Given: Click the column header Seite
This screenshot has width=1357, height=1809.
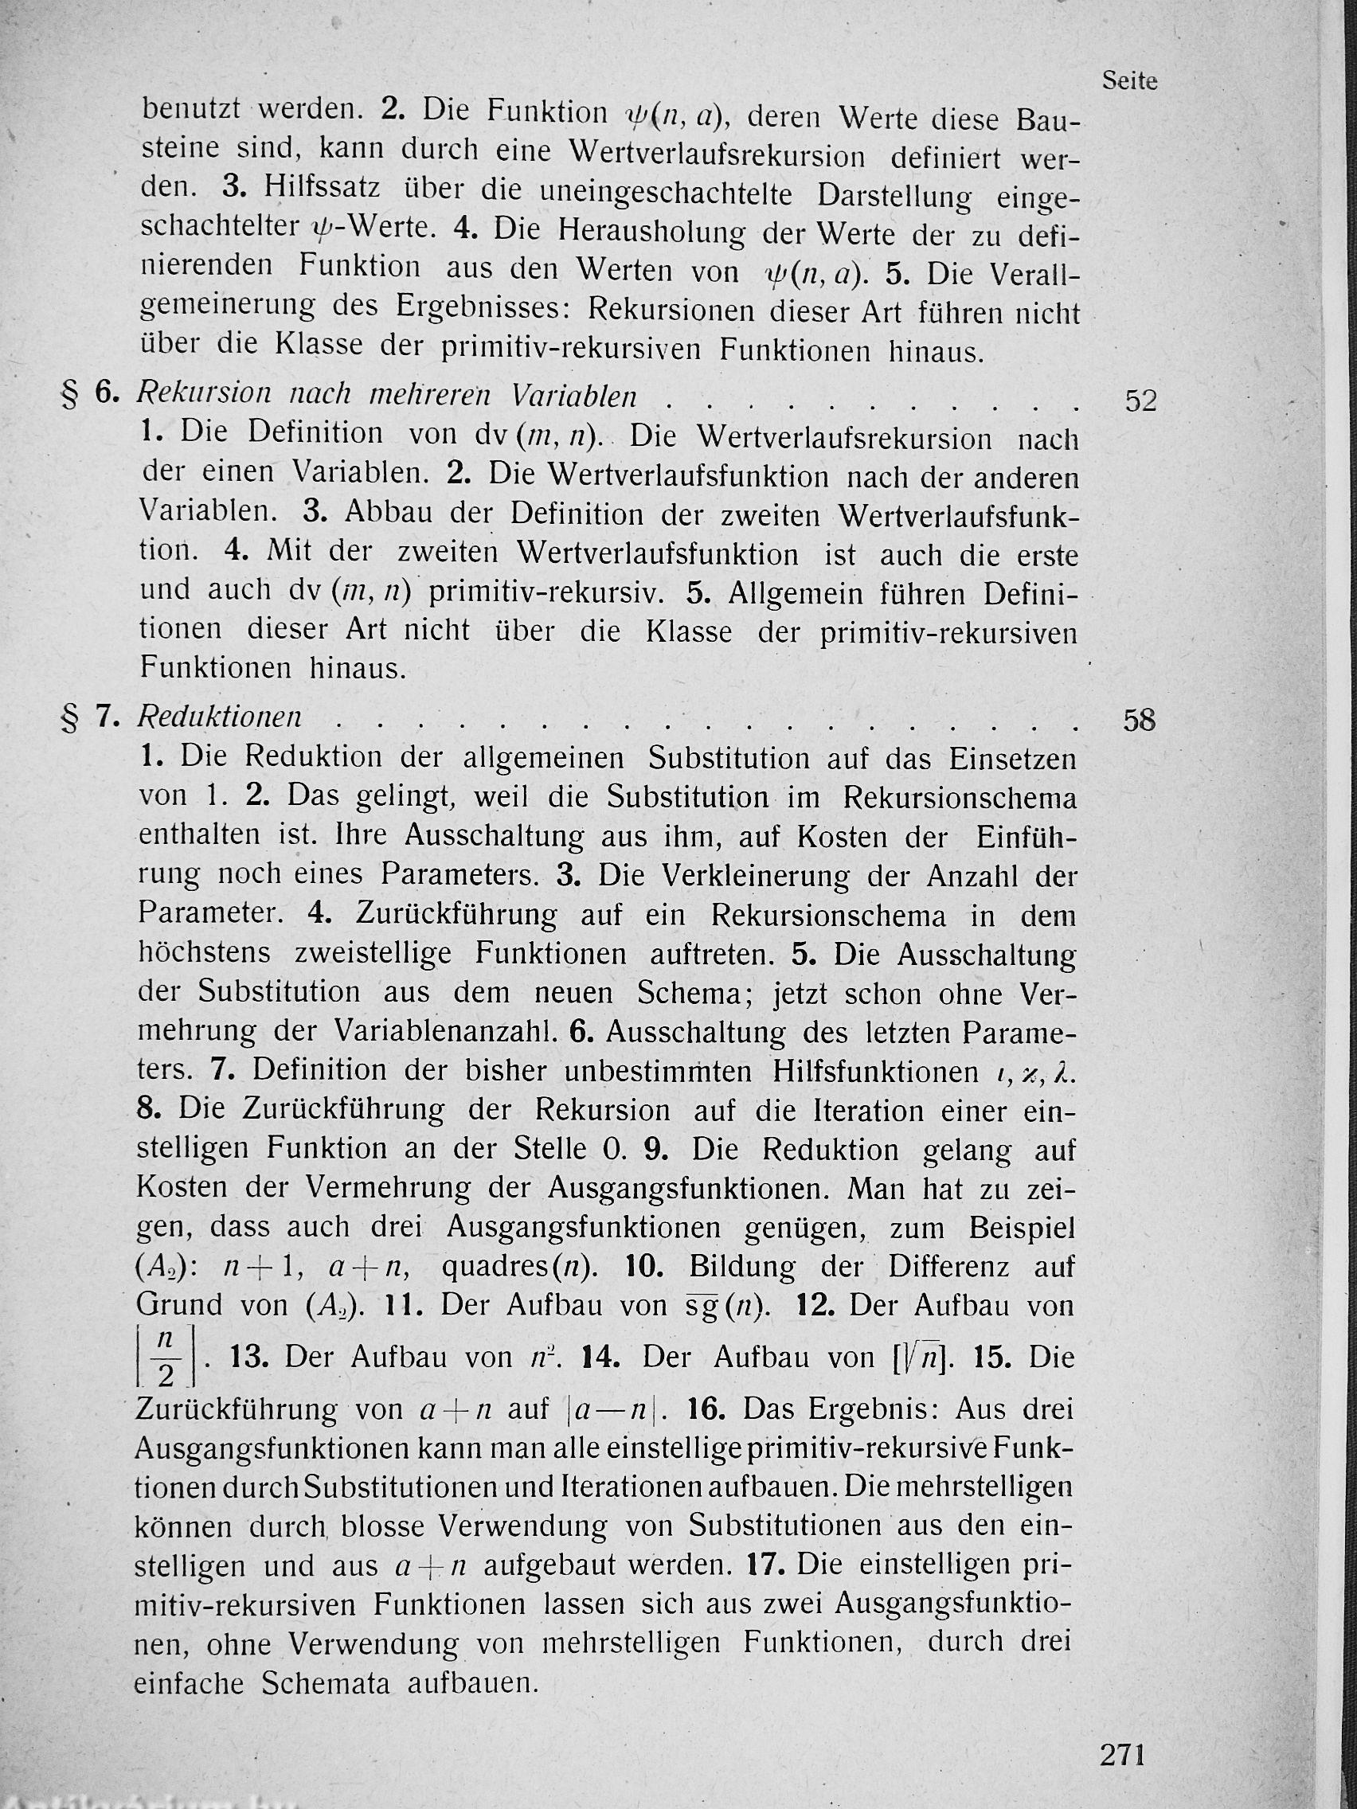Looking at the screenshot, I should pos(1128,81).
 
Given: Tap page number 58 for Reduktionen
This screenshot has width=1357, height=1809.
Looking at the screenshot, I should pos(1140,721).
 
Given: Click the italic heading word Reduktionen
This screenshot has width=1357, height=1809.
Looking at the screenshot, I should pos(219,717).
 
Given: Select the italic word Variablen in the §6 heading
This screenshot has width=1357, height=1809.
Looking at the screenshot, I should pos(573,396).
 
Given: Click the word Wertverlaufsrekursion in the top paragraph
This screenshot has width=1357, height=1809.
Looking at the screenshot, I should pos(717,154).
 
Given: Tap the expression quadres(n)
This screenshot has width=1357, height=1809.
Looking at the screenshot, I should pos(519,1267).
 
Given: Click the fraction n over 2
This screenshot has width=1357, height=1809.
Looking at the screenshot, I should pos(165,1355).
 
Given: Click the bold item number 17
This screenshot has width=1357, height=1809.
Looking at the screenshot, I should pos(767,1565).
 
